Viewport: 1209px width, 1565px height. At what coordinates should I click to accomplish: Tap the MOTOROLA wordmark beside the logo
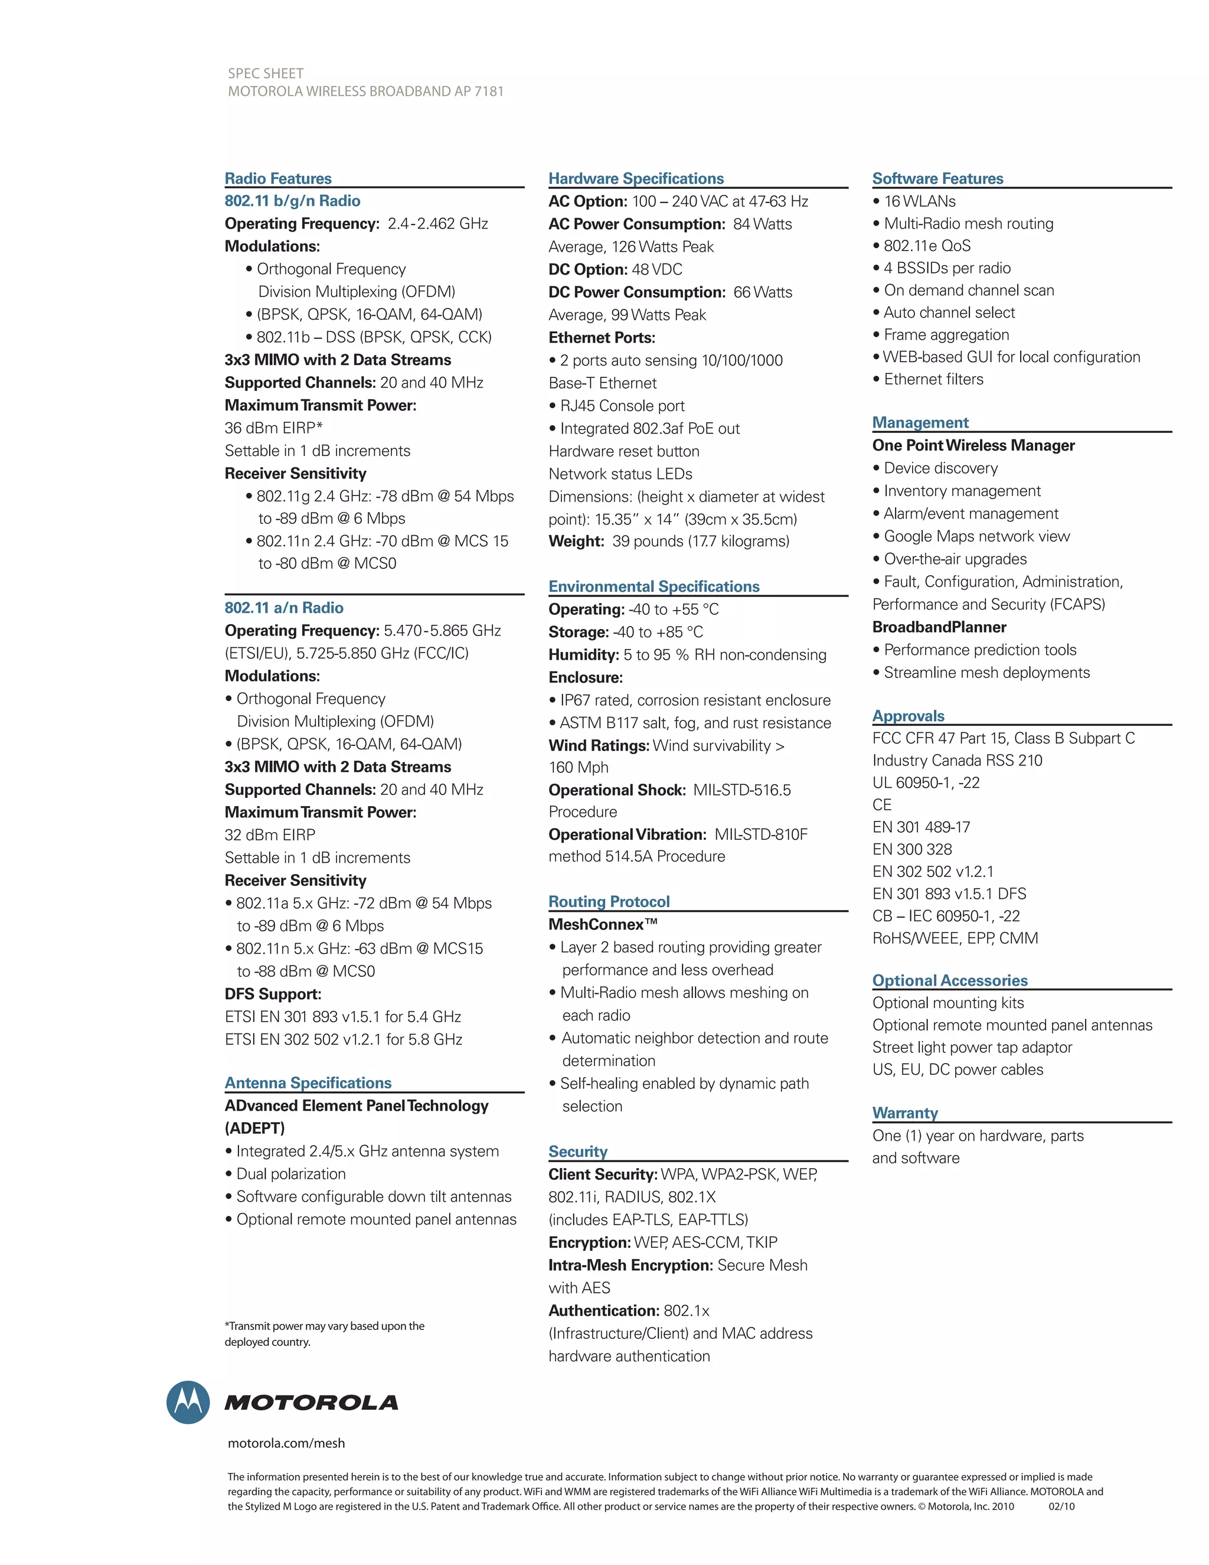click(x=312, y=1403)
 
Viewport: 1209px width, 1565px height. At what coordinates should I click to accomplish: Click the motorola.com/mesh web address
click(x=286, y=1443)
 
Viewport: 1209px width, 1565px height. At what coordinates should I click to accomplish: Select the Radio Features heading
click(x=278, y=178)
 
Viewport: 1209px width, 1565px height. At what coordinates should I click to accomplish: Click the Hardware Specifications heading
click(x=636, y=178)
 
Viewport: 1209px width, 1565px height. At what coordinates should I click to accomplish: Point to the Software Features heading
click(x=937, y=178)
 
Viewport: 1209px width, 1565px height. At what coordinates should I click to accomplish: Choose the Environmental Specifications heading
click(x=654, y=586)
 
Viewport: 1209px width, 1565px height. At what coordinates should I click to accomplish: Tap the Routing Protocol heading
click(x=609, y=901)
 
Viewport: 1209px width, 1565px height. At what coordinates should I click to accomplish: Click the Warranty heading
click(x=904, y=1113)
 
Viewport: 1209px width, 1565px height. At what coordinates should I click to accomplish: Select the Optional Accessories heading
click(x=950, y=980)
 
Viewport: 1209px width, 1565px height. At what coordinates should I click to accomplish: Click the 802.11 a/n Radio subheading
click(x=283, y=608)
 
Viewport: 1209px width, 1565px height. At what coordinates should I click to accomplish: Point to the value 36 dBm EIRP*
click(x=273, y=428)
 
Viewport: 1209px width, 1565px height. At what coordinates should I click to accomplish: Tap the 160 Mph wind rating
click(x=578, y=768)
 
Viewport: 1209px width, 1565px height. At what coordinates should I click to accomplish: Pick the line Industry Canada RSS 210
click(x=957, y=760)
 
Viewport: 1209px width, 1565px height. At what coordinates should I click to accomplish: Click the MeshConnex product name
click(x=602, y=924)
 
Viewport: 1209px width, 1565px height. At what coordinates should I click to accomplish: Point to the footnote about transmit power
click(x=325, y=1333)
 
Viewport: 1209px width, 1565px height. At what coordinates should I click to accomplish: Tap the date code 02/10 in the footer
click(x=1061, y=1507)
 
